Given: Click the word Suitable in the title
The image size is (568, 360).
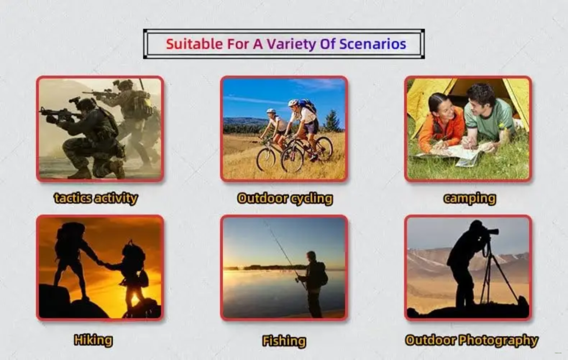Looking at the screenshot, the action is (x=195, y=44).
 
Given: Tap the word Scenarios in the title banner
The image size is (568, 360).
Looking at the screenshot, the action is (x=373, y=44).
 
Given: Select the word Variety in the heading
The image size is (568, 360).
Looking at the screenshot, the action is (x=291, y=44).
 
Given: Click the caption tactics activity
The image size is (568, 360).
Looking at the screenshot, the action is (x=96, y=198).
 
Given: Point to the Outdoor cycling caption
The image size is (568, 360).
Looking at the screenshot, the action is (x=285, y=199).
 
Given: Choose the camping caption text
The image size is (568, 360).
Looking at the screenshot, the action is (x=470, y=199).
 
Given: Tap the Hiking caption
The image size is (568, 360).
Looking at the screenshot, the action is (x=93, y=340).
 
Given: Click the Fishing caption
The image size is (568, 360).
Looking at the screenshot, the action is (x=284, y=341).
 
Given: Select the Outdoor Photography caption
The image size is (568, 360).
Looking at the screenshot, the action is (x=471, y=340).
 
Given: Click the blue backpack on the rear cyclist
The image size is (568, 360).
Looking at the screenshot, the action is (x=308, y=106).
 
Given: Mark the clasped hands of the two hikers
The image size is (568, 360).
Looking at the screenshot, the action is (x=101, y=263).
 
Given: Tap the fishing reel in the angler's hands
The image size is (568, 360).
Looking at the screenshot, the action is (x=297, y=280).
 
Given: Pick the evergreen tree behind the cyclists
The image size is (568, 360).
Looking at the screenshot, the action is (x=332, y=121).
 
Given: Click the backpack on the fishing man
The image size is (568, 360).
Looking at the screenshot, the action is (x=322, y=274).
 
